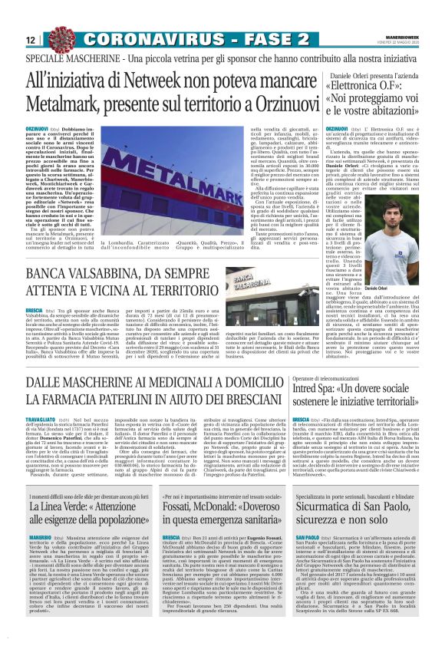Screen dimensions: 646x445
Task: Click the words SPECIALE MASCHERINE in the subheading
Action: coord(67,58)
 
